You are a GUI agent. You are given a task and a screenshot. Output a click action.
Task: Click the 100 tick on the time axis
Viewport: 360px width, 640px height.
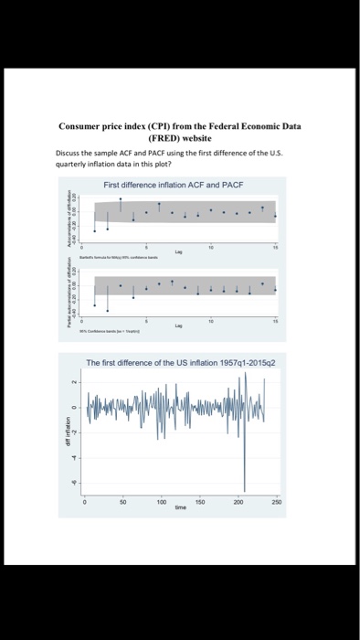coord(161,503)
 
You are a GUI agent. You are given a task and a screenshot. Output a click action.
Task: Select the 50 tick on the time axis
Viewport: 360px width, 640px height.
coord(122,503)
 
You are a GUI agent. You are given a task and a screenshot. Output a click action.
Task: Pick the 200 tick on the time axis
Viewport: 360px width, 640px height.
coord(238,503)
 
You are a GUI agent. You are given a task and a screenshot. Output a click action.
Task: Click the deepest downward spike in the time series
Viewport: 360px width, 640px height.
coord(244,491)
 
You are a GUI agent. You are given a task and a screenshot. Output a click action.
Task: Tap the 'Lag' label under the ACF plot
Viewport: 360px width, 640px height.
coord(178,253)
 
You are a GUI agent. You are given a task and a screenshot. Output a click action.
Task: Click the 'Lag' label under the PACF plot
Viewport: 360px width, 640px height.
coord(178,325)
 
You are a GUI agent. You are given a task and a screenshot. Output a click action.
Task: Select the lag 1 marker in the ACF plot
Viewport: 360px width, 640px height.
coord(94,229)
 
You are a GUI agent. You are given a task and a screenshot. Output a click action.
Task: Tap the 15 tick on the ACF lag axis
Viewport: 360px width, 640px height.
coord(276,248)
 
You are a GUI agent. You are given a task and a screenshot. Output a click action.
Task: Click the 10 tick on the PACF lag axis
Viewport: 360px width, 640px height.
coord(210,320)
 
